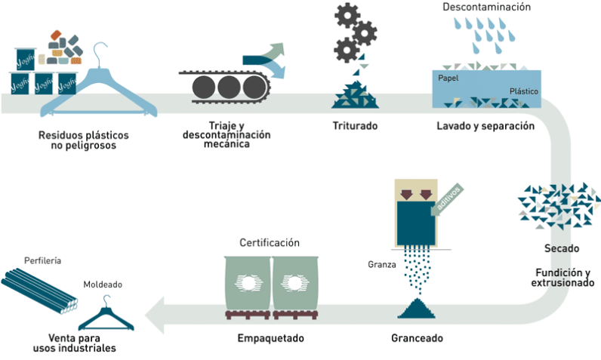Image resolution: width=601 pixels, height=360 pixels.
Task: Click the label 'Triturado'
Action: pyautogui.click(x=354, y=126)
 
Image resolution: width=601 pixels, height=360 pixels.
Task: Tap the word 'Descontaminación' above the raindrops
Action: pyautogui.click(x=487, y=8)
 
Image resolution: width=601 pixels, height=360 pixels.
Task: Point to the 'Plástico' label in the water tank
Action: pyautogui.click(x=523, y=91)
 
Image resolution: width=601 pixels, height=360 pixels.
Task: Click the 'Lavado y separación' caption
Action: pyautogui.click(x=485, y=126)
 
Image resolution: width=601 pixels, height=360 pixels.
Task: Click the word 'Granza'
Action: pyautogui.click(x=381, y=264)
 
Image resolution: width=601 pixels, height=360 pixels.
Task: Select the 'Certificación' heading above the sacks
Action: pyautogui.click(x=270, y=243)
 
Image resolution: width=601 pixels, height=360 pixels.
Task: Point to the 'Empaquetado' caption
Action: pyautogui.click(x=270, y=337)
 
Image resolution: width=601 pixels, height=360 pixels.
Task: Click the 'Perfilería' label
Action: pyautogui.click(x=42, y=260)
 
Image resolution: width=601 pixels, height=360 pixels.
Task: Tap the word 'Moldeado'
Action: pyautogui.click(x=103, y=285)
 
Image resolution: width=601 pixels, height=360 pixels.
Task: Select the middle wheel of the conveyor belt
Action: pyautogui.click(x=226, y=87)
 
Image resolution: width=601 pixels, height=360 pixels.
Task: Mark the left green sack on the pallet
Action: pyautogui.click(x=248, y=282)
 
